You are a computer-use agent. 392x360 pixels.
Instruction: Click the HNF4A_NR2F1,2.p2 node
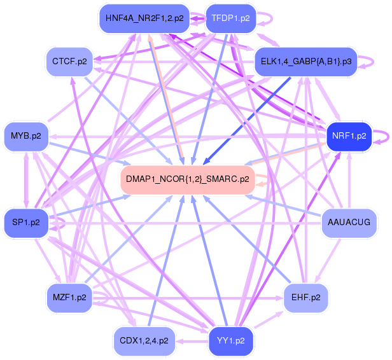pyautogui.click(x=144, y=18)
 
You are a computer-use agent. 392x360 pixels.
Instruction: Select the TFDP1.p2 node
pyautogui.click(x=230, y=18)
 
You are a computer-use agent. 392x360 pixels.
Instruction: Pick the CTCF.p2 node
pyautogui.click(x=71, y=62)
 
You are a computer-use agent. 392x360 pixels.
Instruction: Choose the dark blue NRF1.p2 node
pyautogui.click(x=348, y=135)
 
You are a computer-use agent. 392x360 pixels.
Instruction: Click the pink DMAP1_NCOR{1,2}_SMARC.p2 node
pyautogui.click(x=187, y=179)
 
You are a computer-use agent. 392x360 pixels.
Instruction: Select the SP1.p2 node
pyautogui.click(x=25, y=223)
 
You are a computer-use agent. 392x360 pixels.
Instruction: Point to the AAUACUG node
pyautogui.click(x=348, y=223)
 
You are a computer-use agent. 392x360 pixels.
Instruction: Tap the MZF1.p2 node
pyautogui.click(x=71, y=297)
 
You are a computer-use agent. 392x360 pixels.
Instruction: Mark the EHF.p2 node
pyautogui.click(x=305, y=297)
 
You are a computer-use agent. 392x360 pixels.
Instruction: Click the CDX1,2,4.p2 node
pyautogui.click(x=144, y=340)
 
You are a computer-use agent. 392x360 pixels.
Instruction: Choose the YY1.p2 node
pyautogui.click(x=231, y=340)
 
